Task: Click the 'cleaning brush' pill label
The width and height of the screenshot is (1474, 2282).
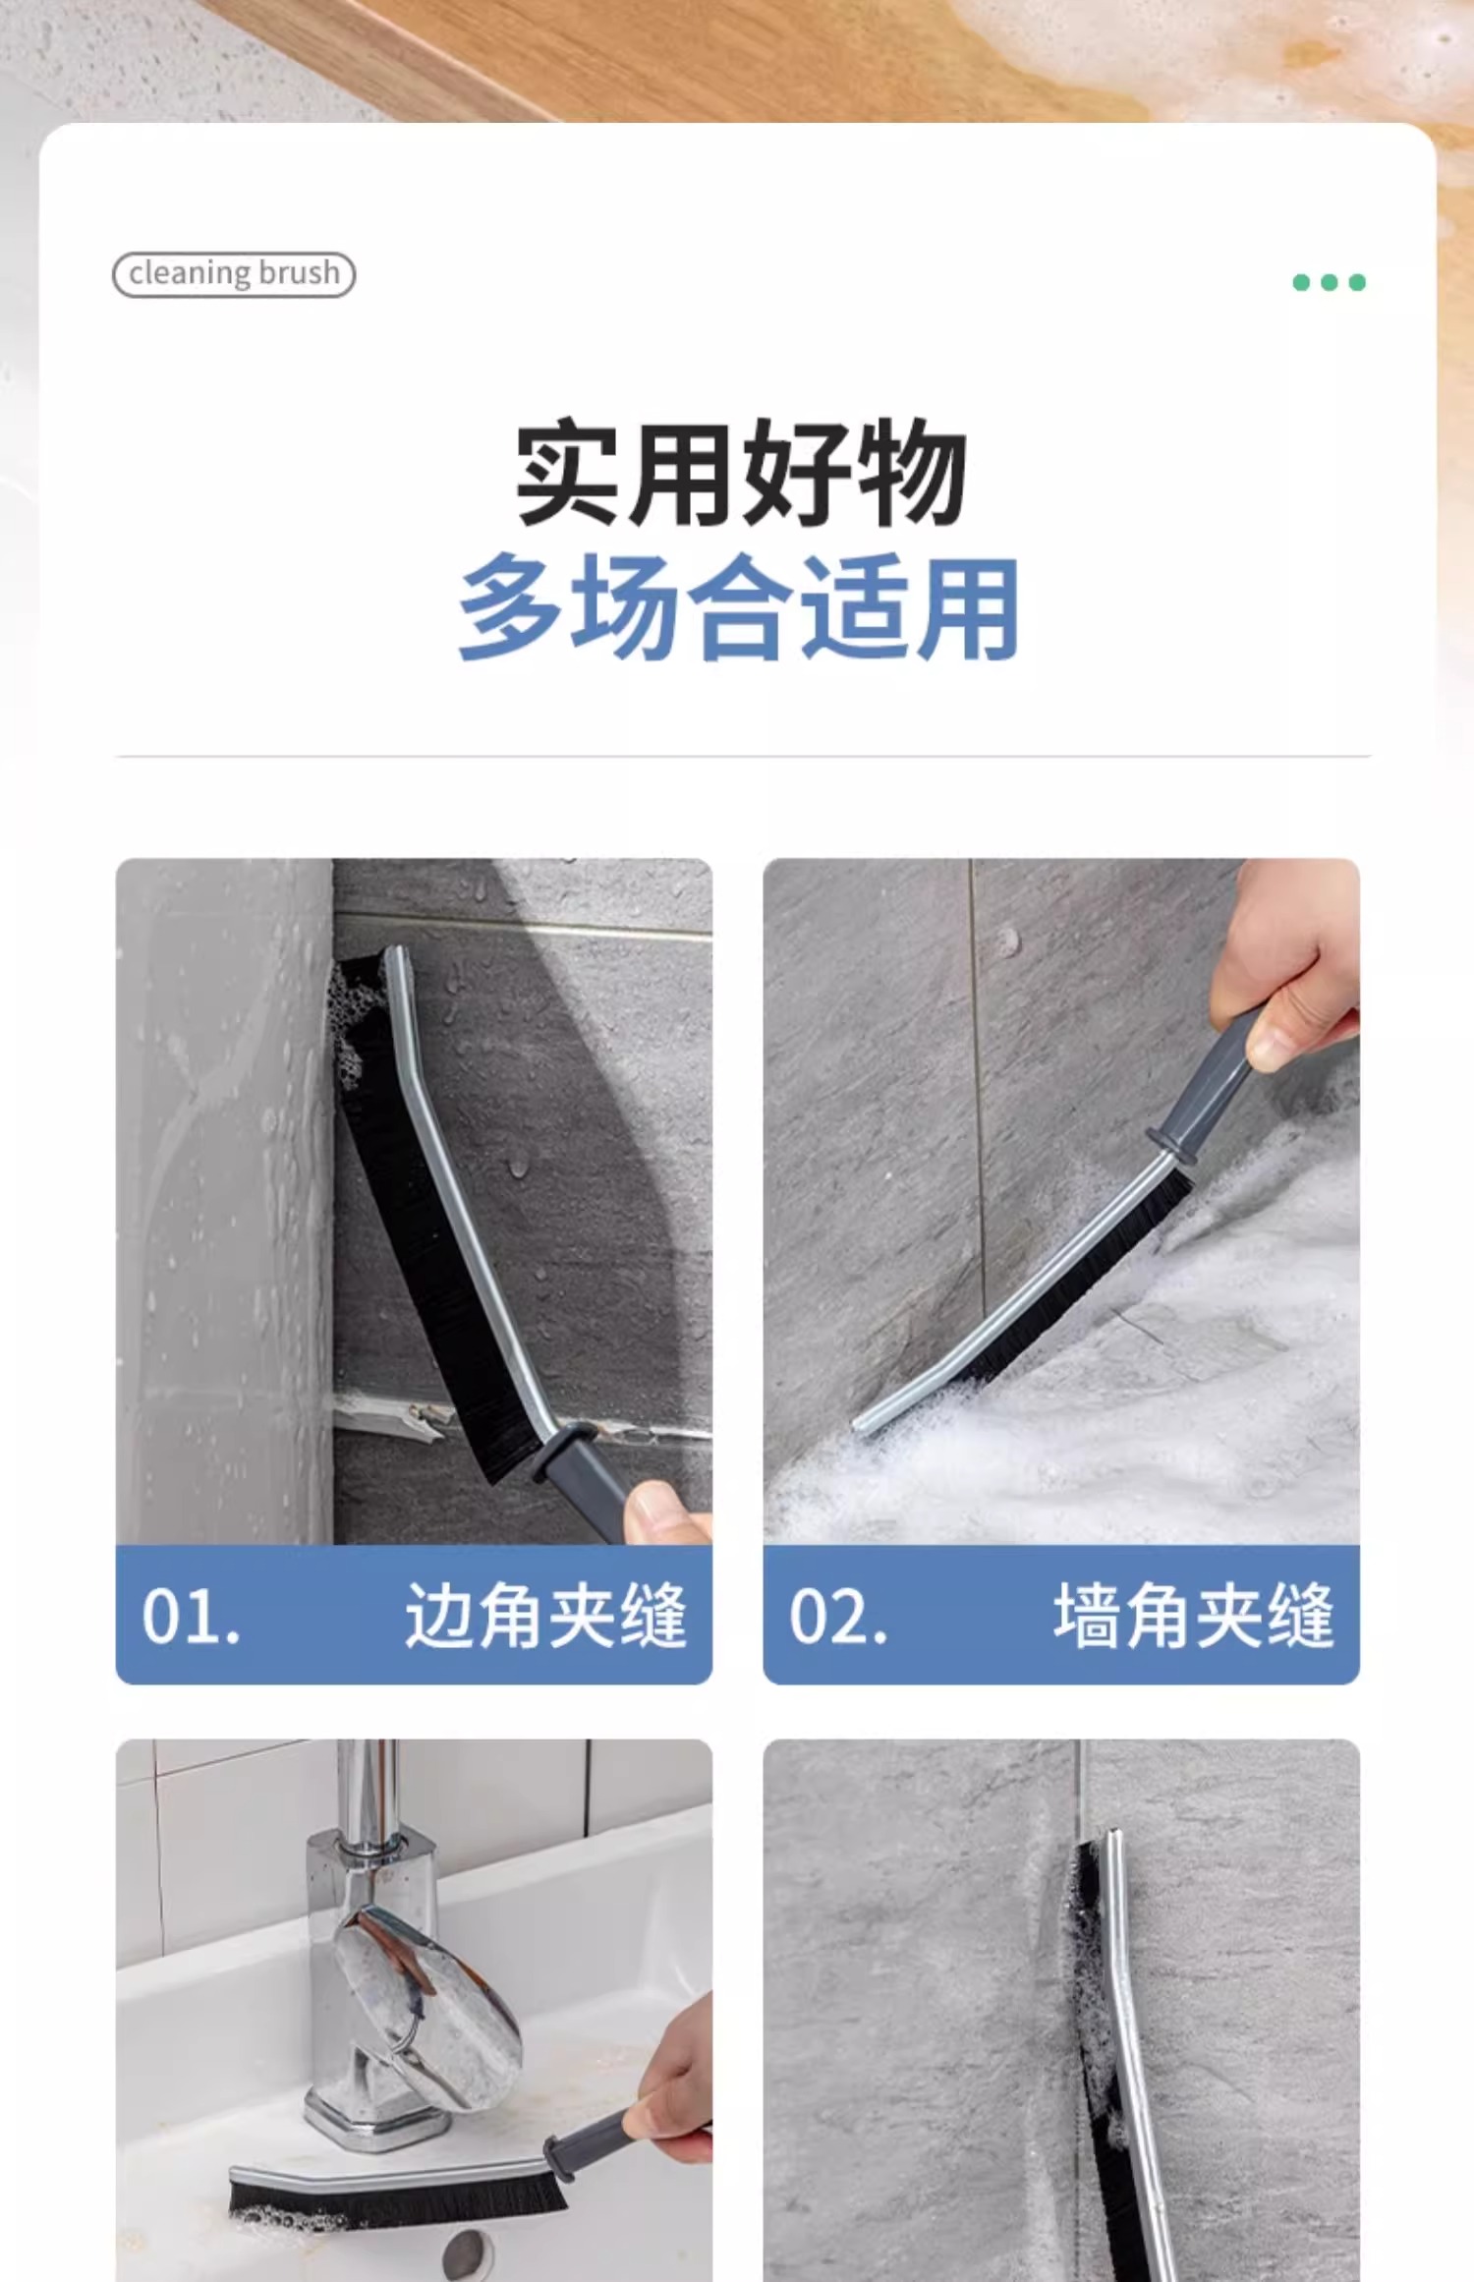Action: pos(233,274)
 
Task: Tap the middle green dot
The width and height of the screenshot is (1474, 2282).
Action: pos(1330,283)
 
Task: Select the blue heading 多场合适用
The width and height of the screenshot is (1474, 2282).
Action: pos(739,606)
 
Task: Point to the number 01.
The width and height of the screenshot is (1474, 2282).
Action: pos(191,1617)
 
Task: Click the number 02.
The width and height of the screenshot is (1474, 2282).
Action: pos(838,1617)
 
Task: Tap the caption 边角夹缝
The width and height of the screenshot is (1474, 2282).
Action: pos(545,1615)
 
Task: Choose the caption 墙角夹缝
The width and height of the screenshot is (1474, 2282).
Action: pos(1193,1615)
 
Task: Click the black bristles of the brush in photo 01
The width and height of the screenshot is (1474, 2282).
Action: pos(432,1228)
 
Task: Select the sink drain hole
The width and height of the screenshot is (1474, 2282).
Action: pos(468,2251)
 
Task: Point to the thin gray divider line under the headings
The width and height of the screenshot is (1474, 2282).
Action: pos(743,757)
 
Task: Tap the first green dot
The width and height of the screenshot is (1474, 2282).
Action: pos(1302,283)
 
